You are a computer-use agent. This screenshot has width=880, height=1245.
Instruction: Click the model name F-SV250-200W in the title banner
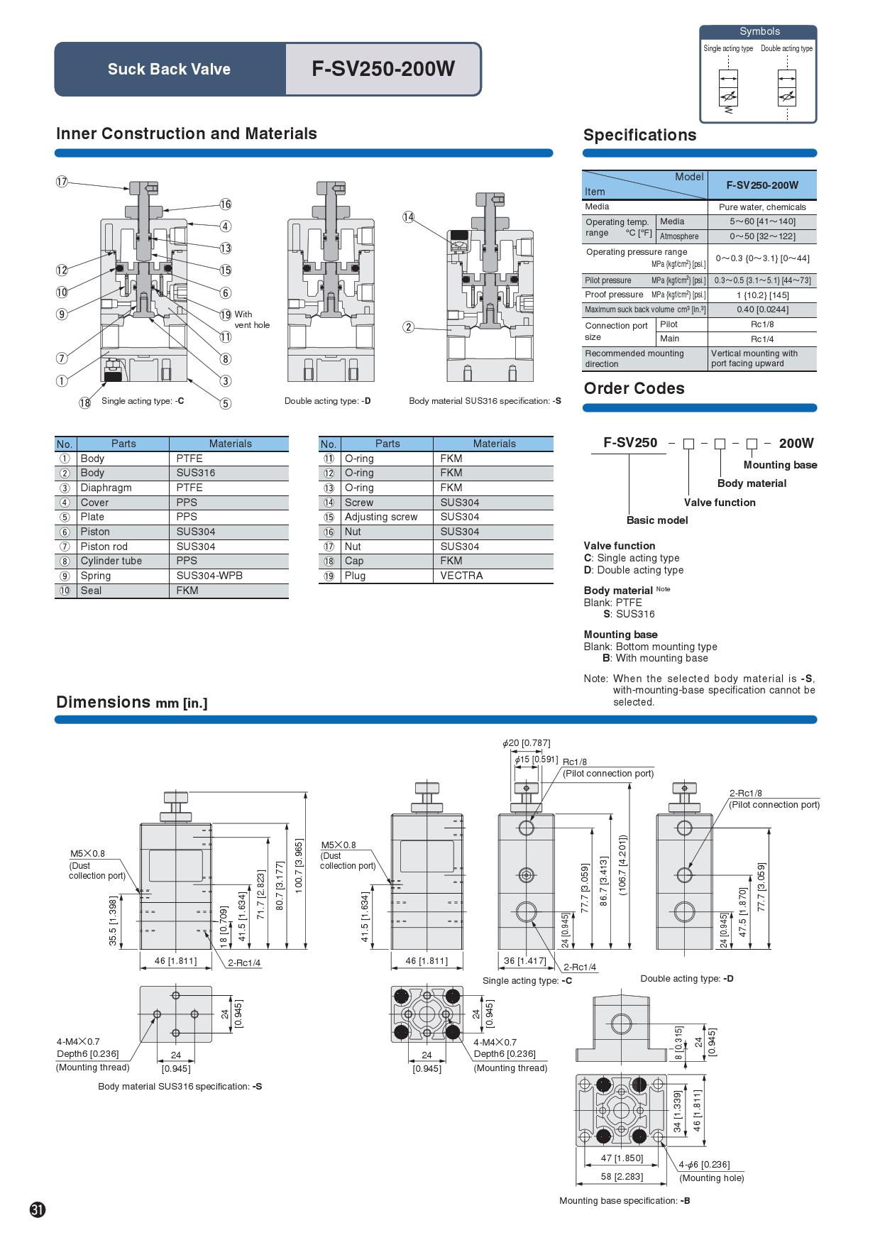[383, 69]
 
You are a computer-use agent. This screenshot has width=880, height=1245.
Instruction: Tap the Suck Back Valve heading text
[169, 69]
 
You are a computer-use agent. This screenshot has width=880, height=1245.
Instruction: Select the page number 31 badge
[38, 1210]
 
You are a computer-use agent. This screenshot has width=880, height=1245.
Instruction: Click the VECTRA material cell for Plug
[461, 576]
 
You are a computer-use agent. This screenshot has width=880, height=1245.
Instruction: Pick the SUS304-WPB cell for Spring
[209, 576]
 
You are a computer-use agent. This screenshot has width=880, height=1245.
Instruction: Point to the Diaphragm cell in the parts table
[106, 488]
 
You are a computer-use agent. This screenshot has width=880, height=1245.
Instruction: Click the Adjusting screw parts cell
[381, 517]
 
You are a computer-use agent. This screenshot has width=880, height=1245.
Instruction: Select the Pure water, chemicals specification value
[762, 207]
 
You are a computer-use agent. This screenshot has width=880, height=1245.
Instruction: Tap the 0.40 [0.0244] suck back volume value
[762, 309]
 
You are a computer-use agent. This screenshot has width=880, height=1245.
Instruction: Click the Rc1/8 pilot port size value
[762, 324]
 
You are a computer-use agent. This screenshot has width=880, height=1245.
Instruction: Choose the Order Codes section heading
[634, 388]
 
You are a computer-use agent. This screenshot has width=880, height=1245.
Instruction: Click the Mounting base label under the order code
[780, 465]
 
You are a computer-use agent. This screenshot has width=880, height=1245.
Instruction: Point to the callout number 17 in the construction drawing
[62, 181]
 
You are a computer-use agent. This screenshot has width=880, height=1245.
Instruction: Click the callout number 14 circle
[408, 217]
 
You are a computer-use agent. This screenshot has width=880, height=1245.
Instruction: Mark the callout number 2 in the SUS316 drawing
[408, 327]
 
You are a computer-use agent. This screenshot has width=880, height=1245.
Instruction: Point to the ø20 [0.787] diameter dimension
[526, 743]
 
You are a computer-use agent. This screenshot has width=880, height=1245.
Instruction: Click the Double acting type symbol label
[786, 48]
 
